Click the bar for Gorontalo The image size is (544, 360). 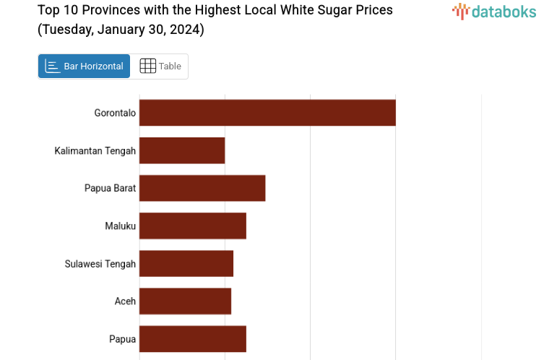tap(267, 113)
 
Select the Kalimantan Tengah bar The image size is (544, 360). tap(182, 150)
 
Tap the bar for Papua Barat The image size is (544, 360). tap(202, 188)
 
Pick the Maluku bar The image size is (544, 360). tap(193, 226)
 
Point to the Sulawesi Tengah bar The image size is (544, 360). tap(186, 263)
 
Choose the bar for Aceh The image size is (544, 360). tap(185, 301)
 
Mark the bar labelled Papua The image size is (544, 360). tap(193, 338)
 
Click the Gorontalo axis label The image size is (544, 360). tap(115, 113)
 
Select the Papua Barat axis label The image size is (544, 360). tap(110, 188)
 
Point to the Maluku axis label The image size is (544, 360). tap(120, 226)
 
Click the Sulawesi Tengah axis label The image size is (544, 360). tap(100, 263)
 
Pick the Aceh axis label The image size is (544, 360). tap(125, 301)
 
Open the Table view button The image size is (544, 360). tap(160, 67)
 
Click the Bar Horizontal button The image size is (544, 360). tap(84, 67)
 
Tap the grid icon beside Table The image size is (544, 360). tap(147, 67)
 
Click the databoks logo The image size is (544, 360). tap(494, 11)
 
